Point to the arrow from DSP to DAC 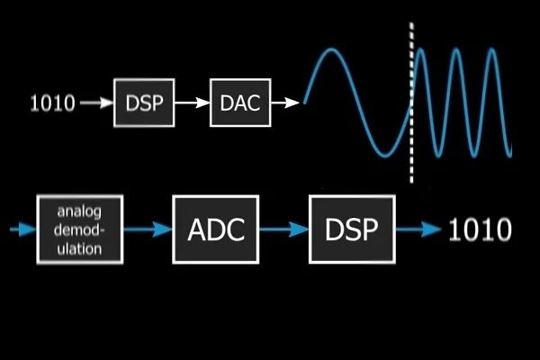(192, 103)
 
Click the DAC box (240, 103)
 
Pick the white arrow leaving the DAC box (285, 103)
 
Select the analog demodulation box (80, 230)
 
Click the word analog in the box (80, 212)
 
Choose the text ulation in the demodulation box (80, 248)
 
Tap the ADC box (216, 229)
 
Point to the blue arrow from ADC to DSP (283, 230)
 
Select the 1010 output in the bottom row (480, 229)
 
